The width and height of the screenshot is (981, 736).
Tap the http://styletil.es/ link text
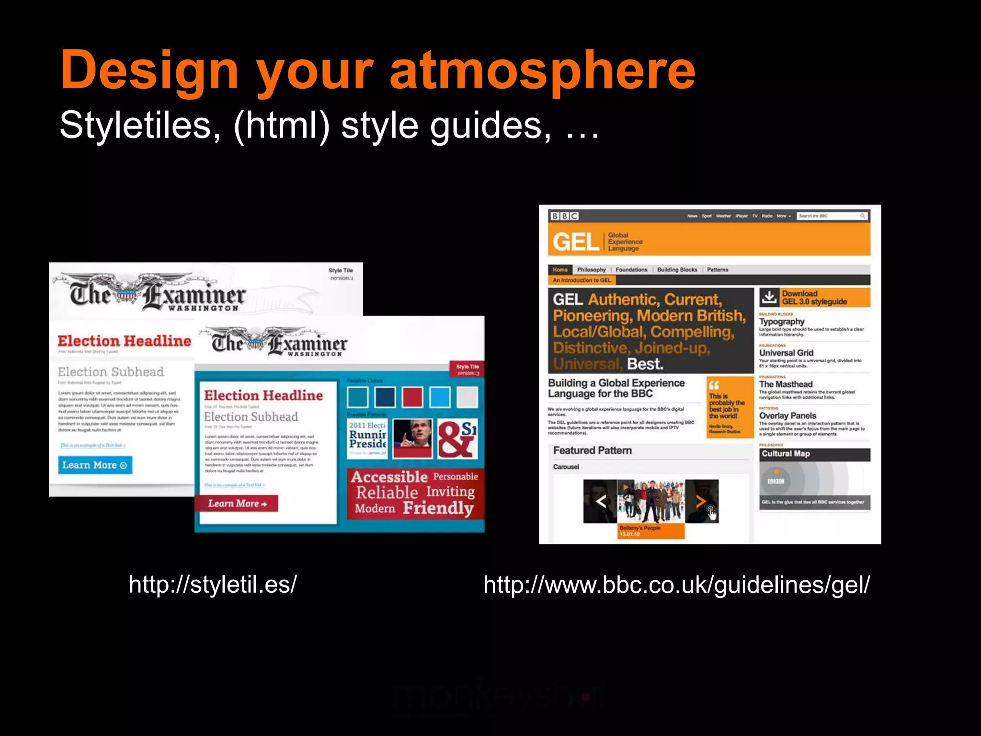point(213,585)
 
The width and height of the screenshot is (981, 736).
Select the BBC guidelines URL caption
point(676,585)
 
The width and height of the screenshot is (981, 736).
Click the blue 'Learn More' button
point(95,465)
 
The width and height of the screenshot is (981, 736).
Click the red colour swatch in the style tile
point(412,397)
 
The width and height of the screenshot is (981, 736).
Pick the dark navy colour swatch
point(385,397)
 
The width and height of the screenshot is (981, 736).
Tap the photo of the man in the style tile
point(412,438)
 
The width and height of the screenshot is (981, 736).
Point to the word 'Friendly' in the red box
point(438,507)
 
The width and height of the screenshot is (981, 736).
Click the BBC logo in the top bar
point(564,216)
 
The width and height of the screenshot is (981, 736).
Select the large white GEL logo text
point(575,242)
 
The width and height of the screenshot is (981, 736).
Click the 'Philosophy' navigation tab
point(591,270)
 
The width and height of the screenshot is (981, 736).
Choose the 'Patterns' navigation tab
point(717,270)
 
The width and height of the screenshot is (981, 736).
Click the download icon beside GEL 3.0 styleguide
point(769,297)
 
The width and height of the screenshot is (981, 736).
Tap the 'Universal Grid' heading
point(786,353)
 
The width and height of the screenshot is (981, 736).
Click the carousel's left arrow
point(600,501)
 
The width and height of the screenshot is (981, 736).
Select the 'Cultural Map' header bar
point(814,454)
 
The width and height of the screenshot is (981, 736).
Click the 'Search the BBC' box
point(832,216)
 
